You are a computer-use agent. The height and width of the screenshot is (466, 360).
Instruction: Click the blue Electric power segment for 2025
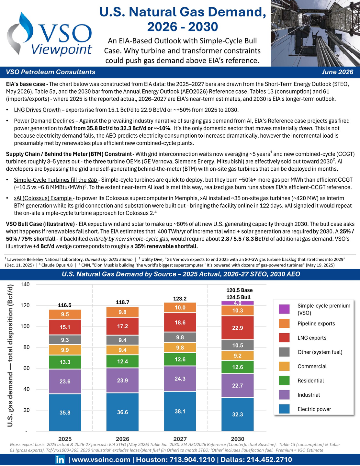(x=65, y=412)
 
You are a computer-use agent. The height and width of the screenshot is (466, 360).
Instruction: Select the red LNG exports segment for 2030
(x=237, y=328)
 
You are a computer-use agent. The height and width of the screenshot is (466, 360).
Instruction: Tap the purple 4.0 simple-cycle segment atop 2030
(x=237, y=303)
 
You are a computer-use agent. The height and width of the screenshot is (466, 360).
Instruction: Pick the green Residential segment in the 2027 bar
(x=180, y=359)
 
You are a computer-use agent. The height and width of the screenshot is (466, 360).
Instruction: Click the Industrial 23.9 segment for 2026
(x=122, y=381)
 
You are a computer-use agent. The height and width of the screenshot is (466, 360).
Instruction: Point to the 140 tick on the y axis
(x=25, y=285)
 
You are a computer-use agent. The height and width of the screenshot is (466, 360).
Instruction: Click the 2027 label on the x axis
(x=180, y=439)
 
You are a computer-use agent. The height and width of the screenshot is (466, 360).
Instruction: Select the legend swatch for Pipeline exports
(x=284, y=324)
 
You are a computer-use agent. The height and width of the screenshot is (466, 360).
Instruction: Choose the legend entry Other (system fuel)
(x=320, y=352)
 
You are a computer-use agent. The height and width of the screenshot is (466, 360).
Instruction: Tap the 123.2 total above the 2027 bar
(x=180, y=299)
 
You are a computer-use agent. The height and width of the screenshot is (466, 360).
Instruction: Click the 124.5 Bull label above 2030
(x=239, y=297)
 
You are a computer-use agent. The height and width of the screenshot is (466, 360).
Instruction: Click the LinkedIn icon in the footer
(x=60, y=460)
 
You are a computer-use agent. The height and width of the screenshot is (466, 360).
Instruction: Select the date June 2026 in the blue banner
(x=337, y=72)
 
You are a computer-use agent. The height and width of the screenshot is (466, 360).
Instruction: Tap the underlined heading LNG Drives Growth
(x=38, y=110)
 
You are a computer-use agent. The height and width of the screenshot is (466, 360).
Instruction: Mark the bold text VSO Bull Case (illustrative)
(x=40, y=224)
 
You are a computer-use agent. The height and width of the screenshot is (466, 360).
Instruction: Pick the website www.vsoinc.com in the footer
(x=101, y=460)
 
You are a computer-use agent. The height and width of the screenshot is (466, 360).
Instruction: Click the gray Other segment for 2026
(x=122, y=340)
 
